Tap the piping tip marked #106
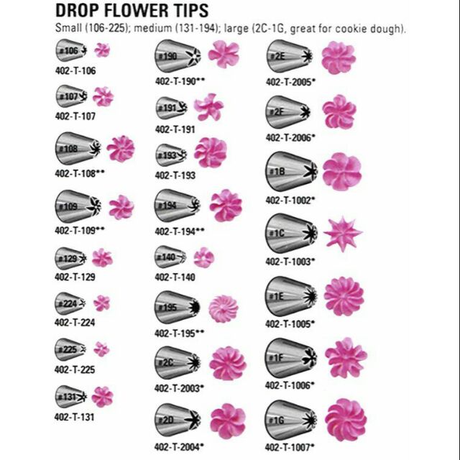point(71,50)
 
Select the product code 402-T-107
point(75,115)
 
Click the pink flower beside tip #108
point(120,148)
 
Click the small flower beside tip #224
point(102,303)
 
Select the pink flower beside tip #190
point(223,55)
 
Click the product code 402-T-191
point(175,129)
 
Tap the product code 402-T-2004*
point(179,446)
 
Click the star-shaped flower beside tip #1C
point(338,233)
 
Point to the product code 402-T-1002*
point(290,198)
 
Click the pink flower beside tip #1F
point(345,357)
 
